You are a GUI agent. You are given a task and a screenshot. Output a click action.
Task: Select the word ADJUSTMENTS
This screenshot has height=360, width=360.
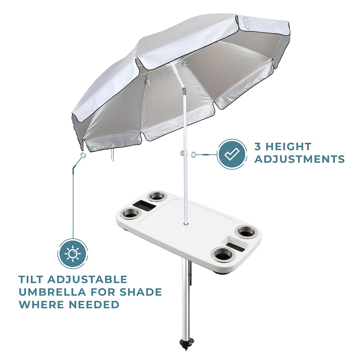point(300,159)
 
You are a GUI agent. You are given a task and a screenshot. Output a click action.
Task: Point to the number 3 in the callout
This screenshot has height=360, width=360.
point(258,147)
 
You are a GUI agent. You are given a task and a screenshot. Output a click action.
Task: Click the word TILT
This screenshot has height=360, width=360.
point(31,279)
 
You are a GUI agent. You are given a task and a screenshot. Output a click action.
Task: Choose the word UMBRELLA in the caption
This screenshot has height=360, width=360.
point(52,292)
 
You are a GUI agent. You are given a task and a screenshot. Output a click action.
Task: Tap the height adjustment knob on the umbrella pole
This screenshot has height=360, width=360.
point(183,154)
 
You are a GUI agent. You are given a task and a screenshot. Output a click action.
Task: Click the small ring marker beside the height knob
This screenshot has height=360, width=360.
point(193,154)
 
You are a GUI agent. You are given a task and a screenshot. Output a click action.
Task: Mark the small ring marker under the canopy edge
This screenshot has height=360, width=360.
point(83,155)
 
